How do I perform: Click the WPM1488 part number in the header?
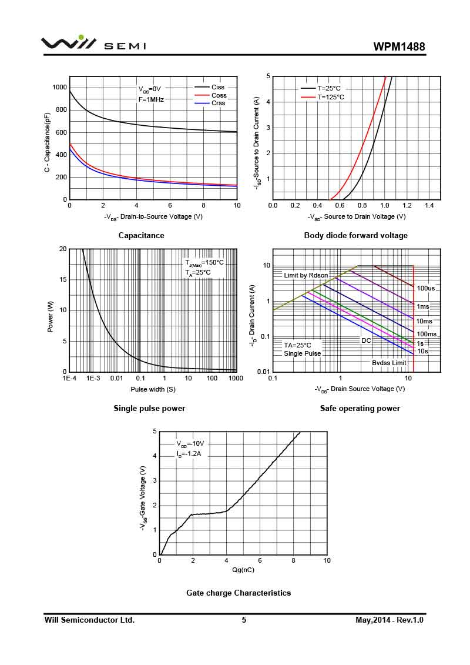pyautogui.click(x=399, y=47)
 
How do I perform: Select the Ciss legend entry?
pyautogui.click(x=218, y=88)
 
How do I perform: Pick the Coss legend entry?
pyautogui.click(x=219, y=95)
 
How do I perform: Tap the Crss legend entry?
pyautogui.click(x=218, y=103)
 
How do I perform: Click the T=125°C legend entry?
pyautogui.click(x=331, y=97)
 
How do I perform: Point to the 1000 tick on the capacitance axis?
pyautogui.click(x=59, y=88)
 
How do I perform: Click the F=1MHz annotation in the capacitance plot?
pyautogui.click(x=151, y=99)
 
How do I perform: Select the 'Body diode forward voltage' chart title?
pyautogui.click(x=355, y=235)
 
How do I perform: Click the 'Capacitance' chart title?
pyautogui.click(x=141, y=235)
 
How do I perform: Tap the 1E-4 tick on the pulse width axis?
pyautogui.click(x=69, y=379)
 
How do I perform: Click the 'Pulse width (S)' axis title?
pyautogui.click(x=153, y=389)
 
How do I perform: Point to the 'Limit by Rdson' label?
pyautogui.click(x=306, y=275)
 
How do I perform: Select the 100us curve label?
pyautogui.click(x=426, y=289)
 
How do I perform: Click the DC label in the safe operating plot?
pyautogui.click(x=366, y=340)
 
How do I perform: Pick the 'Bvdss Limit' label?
pyautogui.click(x=389, y=363)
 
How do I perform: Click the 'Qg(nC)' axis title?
pyautogui.click(x=243, y=570)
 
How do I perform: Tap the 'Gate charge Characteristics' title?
pyautogui.click(x=239, y=593)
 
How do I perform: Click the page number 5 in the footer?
pyautogui.click(x=244, y=620)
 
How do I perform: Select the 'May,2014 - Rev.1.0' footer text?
pyautogui.click(x=390, y=620)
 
